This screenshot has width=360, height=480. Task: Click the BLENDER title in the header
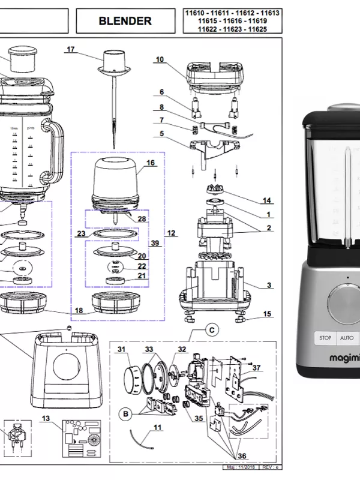pyautogui.click(x=125, y=21)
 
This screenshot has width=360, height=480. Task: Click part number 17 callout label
pyautogui.click(x=71, y=50)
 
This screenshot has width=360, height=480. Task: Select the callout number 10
pyautogui.click(x=160, y=59)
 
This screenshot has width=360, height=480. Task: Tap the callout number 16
pyautogui.click(x=151, y=163)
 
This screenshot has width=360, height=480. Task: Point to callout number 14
pyautogui.click(x=267, y=200)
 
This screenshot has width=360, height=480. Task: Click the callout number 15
pyautogui.click(x=267, y=314)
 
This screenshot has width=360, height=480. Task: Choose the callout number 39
pyautogui.click(x=155, y=244)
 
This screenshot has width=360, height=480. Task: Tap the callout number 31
pyautogui.click(x=121, y=349)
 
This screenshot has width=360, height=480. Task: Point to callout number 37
pyautogui.click(x=256, y=368)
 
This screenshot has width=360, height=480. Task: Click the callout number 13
pyautogui.click(x=46, y=418)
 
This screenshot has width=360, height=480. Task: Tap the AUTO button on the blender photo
pyautogui.click(x=347, y=338)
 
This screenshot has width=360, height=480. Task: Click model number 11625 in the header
pyautogui.click(x=257, y=29)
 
